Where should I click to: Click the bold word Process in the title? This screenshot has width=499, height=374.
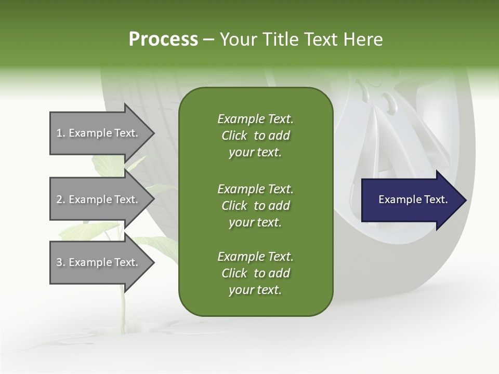pos(163,39)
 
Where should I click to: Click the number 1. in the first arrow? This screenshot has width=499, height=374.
pos(61,133)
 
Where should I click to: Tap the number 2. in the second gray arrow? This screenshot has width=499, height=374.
pos(61,199)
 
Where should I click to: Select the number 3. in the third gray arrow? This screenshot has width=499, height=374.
pos(61,262)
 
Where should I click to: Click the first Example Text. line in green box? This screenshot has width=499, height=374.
pos(255,119)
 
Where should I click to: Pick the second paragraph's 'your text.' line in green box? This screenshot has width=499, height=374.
pos(255,222)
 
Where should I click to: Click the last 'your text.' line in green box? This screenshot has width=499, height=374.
pos(255,290)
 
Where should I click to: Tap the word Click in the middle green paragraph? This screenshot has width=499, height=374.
pos(234,206)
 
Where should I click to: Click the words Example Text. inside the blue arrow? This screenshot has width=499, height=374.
pos(413,199)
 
